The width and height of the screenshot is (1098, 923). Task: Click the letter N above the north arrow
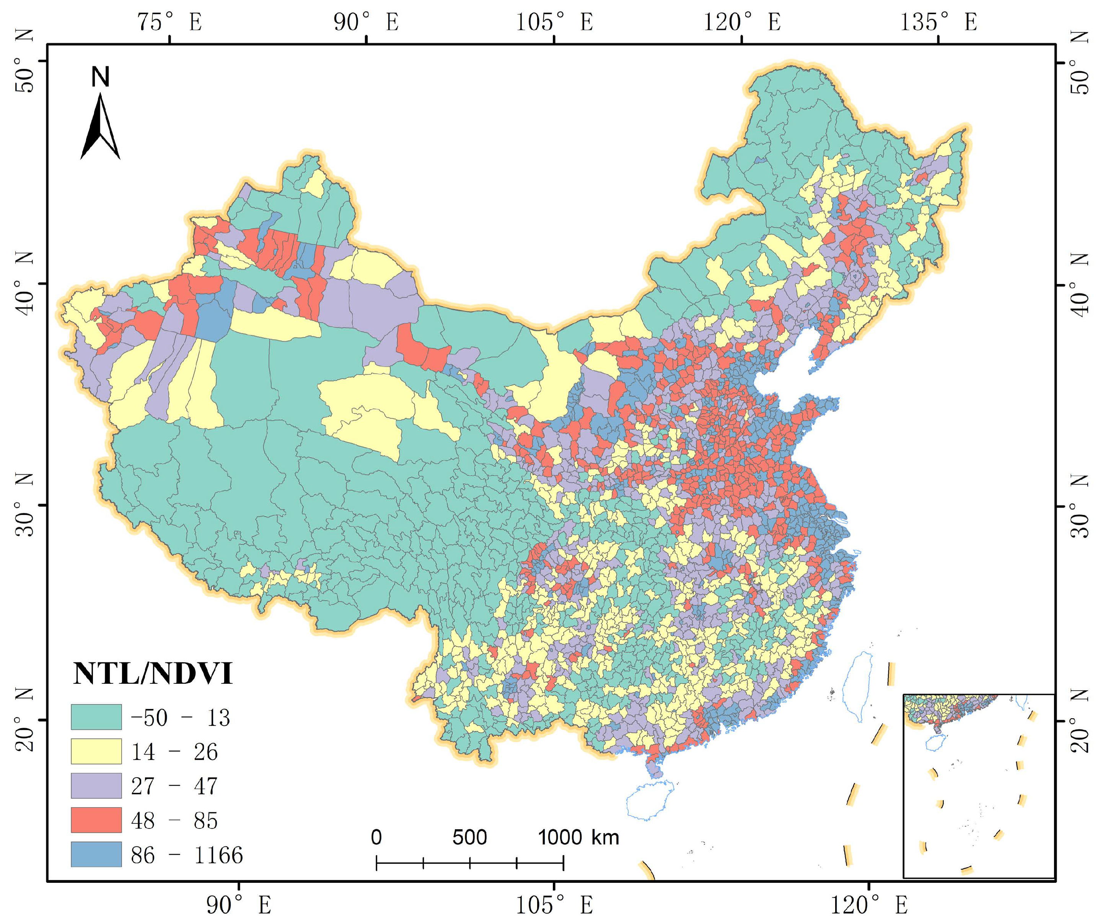(100, 77)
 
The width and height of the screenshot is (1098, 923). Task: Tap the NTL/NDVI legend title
(152, 673)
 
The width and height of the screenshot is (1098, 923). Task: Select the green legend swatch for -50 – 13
(96, 717)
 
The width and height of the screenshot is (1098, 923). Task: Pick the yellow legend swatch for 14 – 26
(96, 751)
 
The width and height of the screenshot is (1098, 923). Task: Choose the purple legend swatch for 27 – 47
(96, 786)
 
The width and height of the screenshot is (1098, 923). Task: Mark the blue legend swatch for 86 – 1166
(96, 854)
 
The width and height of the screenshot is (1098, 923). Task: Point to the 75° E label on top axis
(169, 22)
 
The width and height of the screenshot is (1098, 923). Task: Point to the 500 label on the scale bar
(469, 837)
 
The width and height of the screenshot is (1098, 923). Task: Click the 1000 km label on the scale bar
(578, 837)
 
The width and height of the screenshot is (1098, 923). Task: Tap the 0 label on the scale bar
(376, 837)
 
